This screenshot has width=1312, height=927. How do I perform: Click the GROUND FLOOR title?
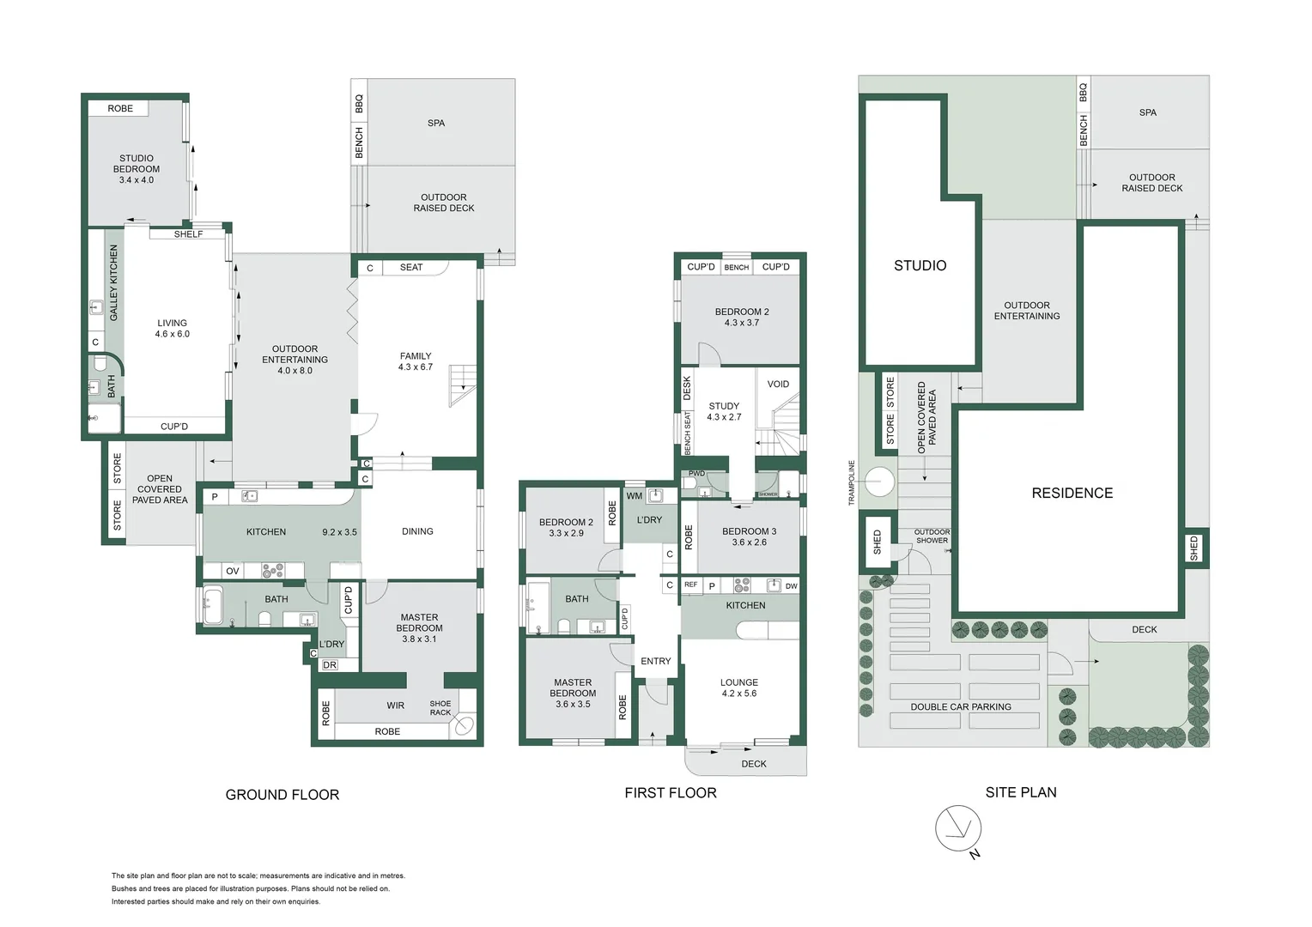click(x=282, y=795)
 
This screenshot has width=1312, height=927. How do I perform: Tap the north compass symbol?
click(x=958, y=830)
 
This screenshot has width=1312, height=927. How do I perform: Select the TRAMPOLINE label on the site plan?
click(x=852, y=482)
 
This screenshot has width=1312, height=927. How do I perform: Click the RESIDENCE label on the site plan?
click(x=1072, y=493)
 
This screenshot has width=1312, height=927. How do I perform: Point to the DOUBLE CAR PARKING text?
click(x=961, y=707)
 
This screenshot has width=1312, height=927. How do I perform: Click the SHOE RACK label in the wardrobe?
click(x=440, y=708)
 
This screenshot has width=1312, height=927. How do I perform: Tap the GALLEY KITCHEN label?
click(x=113, y=282)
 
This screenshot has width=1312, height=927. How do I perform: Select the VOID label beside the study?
click(x=778, y=385)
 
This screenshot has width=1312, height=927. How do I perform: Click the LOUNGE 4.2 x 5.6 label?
click(x=738, y=688)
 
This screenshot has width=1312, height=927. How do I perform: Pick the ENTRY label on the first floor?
click(x=655, y=661)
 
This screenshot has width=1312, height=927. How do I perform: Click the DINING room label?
click(x=417, y=531)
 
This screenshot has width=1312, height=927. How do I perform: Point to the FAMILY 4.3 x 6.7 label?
click(x=416, y=361)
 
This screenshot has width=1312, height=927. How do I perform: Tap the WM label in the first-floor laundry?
click(x=634, y=496)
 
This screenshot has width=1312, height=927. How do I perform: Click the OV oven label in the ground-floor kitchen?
click(x=233, y=571)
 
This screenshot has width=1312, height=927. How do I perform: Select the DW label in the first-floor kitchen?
click(x=791, y=586)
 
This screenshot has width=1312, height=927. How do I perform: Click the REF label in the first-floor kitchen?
click(x=690, y=585)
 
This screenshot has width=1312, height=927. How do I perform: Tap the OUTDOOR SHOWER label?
click(x=932, y=536)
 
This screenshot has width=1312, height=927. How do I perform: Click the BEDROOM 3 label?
click(x=749, y=536)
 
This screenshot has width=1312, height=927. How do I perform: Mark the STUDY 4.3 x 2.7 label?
click(x=724, y=411)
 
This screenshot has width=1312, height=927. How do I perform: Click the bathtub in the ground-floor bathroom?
click(x=212, y=606)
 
